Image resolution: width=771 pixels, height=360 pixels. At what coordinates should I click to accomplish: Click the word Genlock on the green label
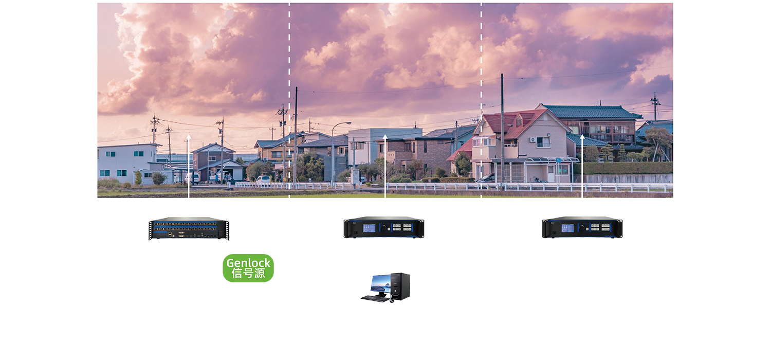coord(248,263)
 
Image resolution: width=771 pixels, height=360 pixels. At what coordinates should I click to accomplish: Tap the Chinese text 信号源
coord(248,274)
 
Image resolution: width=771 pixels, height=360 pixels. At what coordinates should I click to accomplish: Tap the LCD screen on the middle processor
coord(370,227)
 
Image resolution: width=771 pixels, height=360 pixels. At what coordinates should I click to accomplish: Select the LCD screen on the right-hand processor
coord(567,227)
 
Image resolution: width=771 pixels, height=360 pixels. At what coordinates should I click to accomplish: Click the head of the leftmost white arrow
coord(189,136)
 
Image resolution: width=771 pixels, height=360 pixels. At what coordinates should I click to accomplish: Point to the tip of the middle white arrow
coord(385,136)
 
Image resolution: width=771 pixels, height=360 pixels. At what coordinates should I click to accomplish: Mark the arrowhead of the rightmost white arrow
coord(582,136)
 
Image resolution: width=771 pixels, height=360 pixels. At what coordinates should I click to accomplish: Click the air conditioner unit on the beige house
coord(533,139)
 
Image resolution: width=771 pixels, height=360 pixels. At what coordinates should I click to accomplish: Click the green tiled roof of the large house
coord(591,112)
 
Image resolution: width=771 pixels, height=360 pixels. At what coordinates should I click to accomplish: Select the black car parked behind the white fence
coord(486,178)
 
